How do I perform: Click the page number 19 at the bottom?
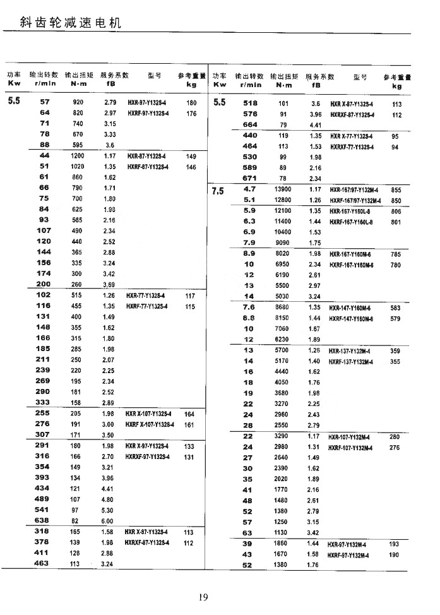pos(203,597)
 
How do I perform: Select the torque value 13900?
pos(282,189)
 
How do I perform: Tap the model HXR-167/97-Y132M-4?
pos(354,189)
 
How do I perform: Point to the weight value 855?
pos(396,189)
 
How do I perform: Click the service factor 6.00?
pos(109,521)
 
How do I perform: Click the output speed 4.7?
pos(249,189)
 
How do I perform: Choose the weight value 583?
pos(396,307)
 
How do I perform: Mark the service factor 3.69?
pos(109,285)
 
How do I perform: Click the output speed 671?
pos(250,179)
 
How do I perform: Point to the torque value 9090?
pos(283,243)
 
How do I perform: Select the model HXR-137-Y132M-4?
pos(351,350)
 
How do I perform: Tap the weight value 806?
pos(396,211)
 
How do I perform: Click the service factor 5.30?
pos(109,510)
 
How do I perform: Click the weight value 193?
pos(395,544)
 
